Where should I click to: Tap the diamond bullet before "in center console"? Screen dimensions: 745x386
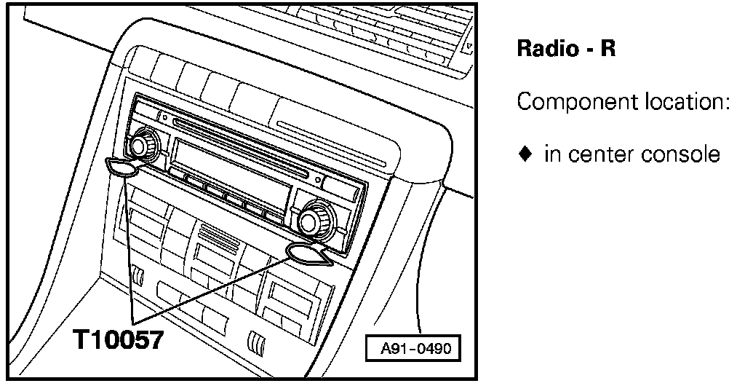(524, 154)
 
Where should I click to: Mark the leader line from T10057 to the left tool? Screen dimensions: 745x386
(129, 248)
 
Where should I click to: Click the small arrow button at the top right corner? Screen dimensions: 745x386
(470, 47)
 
